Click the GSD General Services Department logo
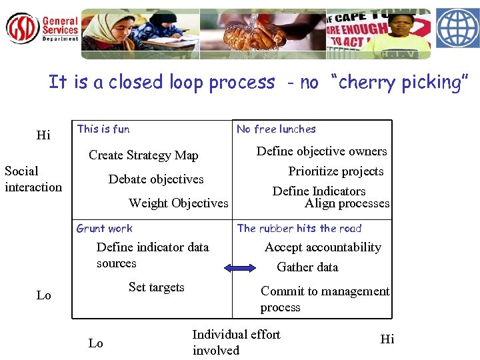(41, 28)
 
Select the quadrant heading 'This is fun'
(103, 129)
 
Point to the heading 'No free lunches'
(276, 129)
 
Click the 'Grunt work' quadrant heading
(105, 229)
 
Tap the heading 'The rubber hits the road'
(299, 229)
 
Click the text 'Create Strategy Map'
(143, 155)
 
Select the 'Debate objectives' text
(156, 179)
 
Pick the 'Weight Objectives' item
(178, 203)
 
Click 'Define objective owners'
(321, 151)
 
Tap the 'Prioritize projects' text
(335, 171)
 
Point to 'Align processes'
(347, 203)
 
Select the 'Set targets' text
(156, 287)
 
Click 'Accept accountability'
(323, 247)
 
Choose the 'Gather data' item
(307, 267)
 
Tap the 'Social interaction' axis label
(33, 179)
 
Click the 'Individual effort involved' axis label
(236, 342)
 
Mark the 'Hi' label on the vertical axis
(43, 136)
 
